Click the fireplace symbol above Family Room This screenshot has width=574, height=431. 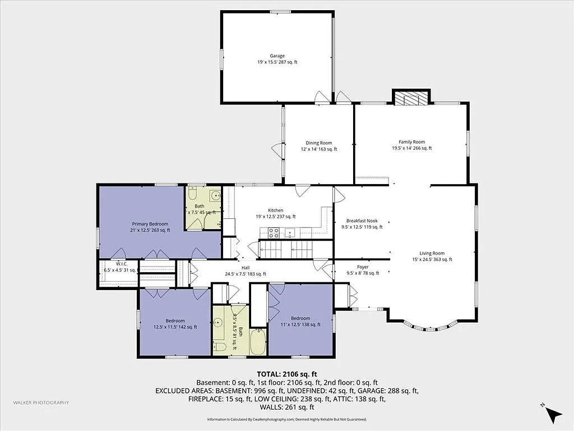(x=411, y=99)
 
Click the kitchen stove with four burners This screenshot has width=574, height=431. (x=274, y=232)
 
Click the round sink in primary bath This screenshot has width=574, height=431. (x=215, y=196)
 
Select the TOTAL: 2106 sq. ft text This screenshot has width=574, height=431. (x=287, y=374)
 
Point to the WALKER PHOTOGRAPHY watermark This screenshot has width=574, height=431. (x=42, y=402)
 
